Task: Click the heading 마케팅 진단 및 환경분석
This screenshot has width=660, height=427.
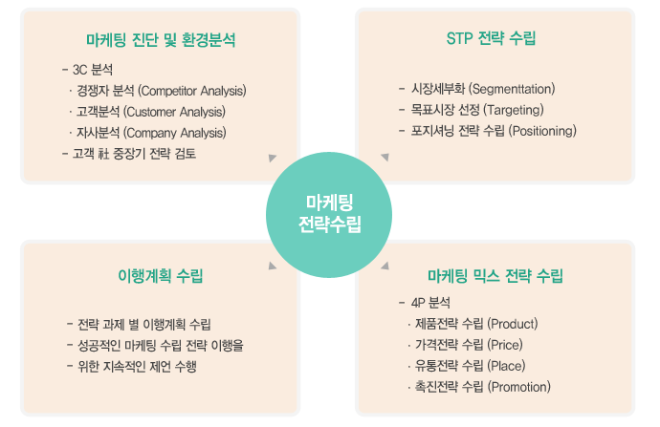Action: [x=161, y=40]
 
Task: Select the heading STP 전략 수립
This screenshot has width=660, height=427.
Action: [x=491, y=38]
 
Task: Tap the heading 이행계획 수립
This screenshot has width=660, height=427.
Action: [x=161, y=276]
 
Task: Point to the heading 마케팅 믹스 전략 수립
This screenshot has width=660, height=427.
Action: [x=495, y=276]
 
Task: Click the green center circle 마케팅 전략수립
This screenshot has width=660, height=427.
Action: [x=329, y=214]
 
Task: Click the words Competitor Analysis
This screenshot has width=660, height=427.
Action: [x=192, y=91]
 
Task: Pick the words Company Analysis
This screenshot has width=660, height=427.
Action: [x=175, y=133]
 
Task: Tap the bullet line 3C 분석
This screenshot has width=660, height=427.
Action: [x=88, y=70]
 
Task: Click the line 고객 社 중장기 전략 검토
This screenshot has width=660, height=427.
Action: [x=129, y=154]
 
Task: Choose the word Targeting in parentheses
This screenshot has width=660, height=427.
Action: [x=514, y=110]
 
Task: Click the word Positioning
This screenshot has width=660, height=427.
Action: [x=542, y=131]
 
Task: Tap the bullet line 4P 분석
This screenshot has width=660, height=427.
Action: [x=425, y=303]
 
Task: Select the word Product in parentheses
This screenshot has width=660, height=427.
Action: [x=513, y=324]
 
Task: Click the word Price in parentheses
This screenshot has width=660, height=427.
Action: [x=505, y=345]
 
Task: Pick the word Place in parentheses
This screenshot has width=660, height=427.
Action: [x=506, y=366]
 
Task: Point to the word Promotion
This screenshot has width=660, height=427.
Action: [x=519, y=387]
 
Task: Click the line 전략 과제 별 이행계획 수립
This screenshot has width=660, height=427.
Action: [x=139, y=324]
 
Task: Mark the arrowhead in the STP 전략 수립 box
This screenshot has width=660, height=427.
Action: [x=385, y=158]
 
